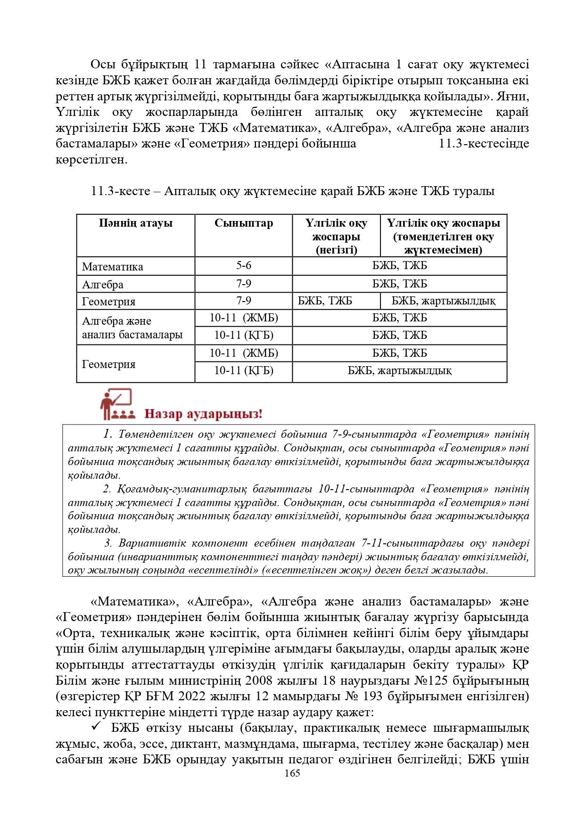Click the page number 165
(x=292, y=773)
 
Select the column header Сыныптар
(x=243, y=223)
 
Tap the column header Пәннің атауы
(x=136, y=223)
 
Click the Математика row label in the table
(x=113, y=267)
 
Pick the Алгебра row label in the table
(x=103, y=285)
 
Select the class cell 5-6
(x=244, y=266)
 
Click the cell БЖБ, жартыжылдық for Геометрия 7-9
(x=443, y=301)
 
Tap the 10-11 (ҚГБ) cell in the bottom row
(x=244, y=371)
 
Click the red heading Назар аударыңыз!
(x=203, y=414)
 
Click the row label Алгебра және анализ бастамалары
(x=132, y=328)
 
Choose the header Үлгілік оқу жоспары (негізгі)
(x=336, y=237)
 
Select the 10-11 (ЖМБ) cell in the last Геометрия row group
(x=244, y=353)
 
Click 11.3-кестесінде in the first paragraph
(x=484, y=144)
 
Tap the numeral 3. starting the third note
(x=108, y=543)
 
